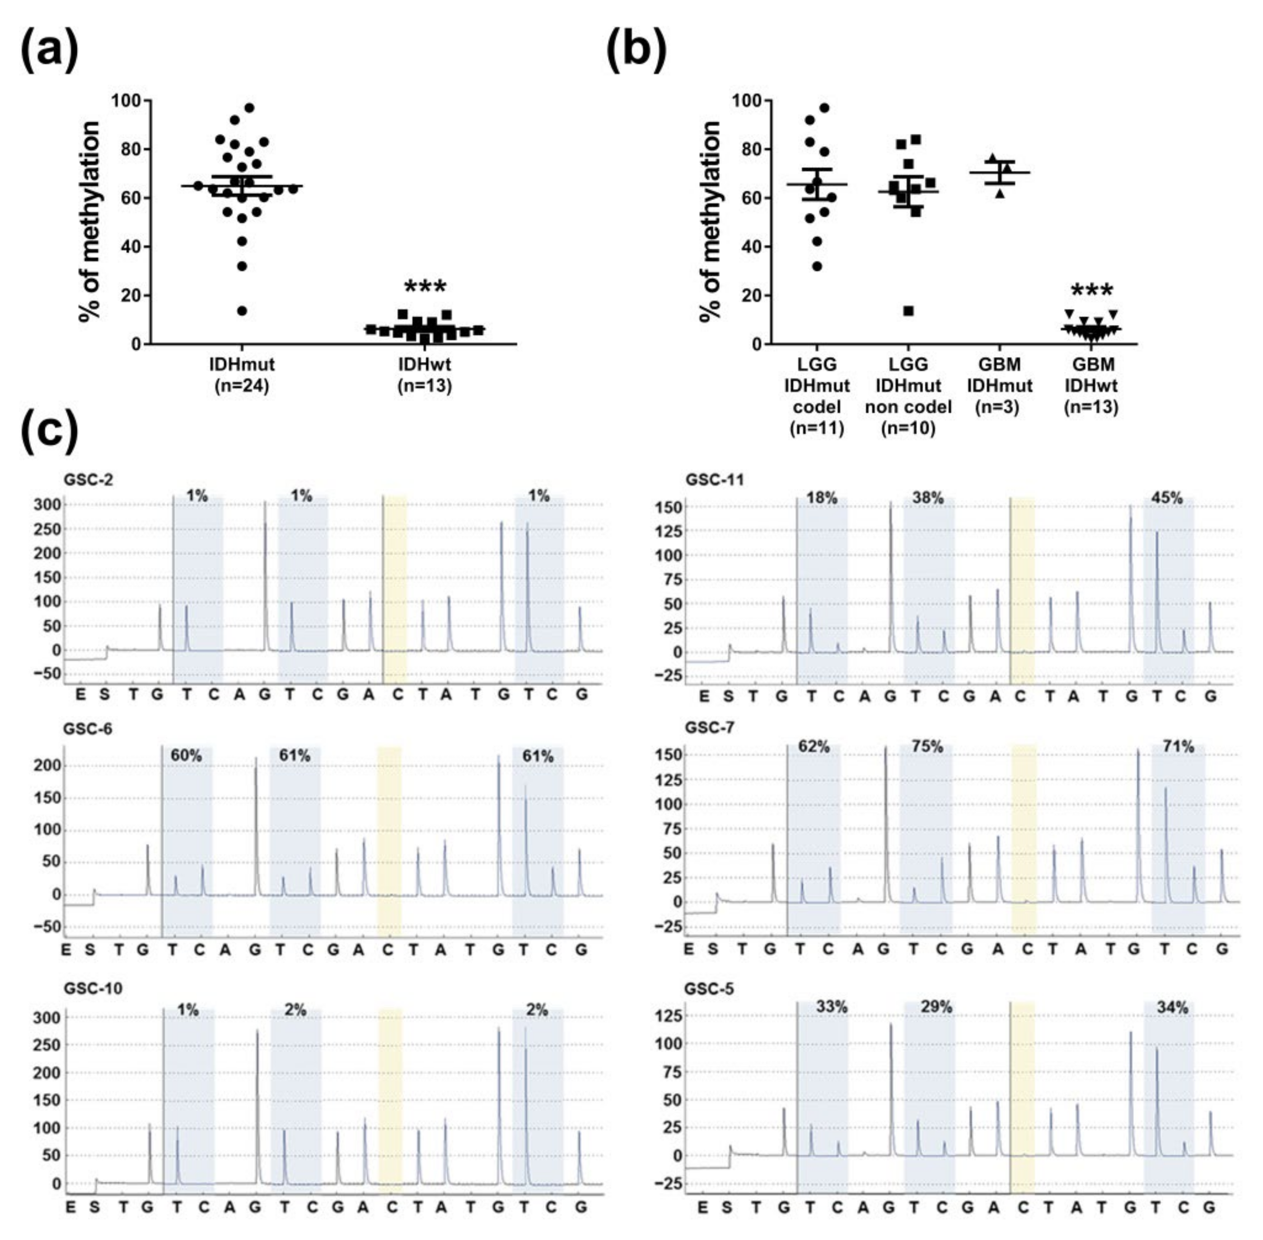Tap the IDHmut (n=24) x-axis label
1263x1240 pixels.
[242, 375]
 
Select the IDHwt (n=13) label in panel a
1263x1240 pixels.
[425, 375]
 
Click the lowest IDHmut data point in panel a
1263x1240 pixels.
[242, 310]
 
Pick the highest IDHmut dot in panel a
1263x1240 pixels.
[249, 108]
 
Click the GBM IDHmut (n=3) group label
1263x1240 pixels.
[999, 385]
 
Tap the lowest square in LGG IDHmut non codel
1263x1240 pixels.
[908, 310]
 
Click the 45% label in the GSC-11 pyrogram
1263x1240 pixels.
[1167, 498]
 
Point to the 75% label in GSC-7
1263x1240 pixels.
[927, 747]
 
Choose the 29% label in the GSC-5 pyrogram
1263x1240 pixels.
[936, 1007]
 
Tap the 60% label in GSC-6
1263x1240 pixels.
[186, 756]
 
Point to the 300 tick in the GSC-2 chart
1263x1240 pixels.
[50, 505]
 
